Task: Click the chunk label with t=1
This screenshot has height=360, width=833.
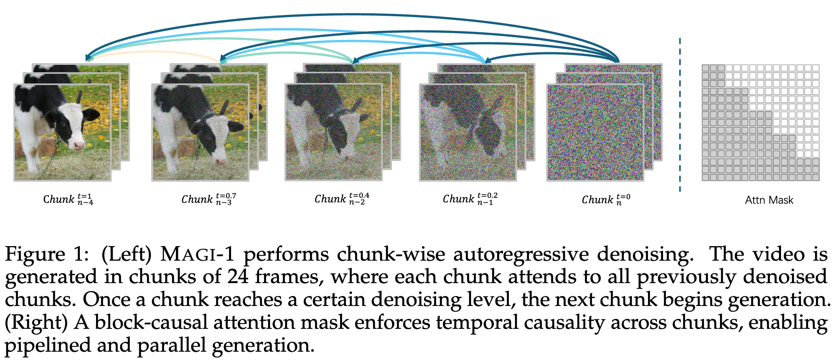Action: (x=68, y=200)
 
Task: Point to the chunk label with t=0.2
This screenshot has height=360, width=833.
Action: (x=470, y=199)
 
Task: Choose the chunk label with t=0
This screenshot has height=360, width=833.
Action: (x=606, y=200)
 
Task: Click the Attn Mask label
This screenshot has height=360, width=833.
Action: (x=769, y=200)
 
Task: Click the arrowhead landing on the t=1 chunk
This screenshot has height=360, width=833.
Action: (x=87, y=59)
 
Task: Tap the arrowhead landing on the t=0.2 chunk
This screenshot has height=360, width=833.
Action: (x=488, y=61)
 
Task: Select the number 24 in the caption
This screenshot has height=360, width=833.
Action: (x=238, y=277)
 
